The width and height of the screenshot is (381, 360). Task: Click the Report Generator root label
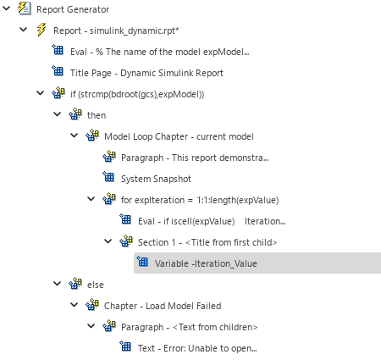pyautogui.click(x=73, y=9)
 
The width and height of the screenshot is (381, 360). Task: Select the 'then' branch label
pyautogui.click(x=97, y=114)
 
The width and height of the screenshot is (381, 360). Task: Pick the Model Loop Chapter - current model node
pyautogui.click(x=179, y=136)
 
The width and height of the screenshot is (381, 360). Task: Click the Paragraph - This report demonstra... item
pyautogui.click(x=194, y=157)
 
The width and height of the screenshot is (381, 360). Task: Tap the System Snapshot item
pyautogui.click(x=156, y=179)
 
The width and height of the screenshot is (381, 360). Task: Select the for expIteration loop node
pyautogui.click(x=200, y=200)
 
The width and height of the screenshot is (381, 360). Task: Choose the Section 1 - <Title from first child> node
pyautogui.click(x=207, y=242)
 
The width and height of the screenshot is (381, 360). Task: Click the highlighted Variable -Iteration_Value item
pyautogui.click(x=206, y=263)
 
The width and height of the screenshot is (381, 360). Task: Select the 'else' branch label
pyautogui.click(x=96, y=285)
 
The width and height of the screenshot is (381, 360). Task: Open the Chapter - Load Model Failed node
pyautogui.click(x=162, y=306)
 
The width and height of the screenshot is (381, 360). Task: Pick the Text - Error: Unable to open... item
pyautogui.click(x=197, y=348)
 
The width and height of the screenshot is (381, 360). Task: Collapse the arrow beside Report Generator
pyautogui.click(x=8, y=9)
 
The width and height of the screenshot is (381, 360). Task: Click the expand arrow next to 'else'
pyautogui.click(x=57, y=285)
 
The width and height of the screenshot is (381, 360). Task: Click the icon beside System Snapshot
pyautogui.click(x=108, y=178)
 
